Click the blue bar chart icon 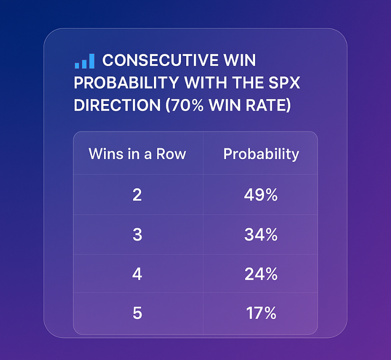click(x=84, y=61)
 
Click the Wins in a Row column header click(x=137, y=154)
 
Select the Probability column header click(x=261, y=154)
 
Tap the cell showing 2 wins click(x=137, y=195)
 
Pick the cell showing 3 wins click(x=137, y=235)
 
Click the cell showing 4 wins click(x=137, y=274)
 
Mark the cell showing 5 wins click(x=137, y=313)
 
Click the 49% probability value click(x=261, y=195)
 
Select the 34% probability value click(x=261, y=235)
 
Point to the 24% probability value click(x=261, y=274)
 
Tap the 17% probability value click(x=261, y=313)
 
